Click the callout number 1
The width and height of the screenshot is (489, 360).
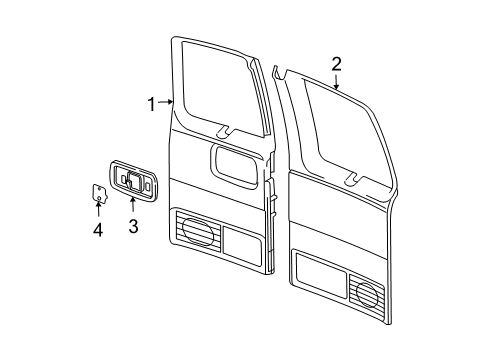(152, 104)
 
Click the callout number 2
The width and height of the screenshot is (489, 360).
(337, 64)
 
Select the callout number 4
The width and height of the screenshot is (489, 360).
(98, 231)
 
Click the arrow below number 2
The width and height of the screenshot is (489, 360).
(337, 82)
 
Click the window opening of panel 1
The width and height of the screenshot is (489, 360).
(217, 86)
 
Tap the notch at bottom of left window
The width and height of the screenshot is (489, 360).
(225, 131)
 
